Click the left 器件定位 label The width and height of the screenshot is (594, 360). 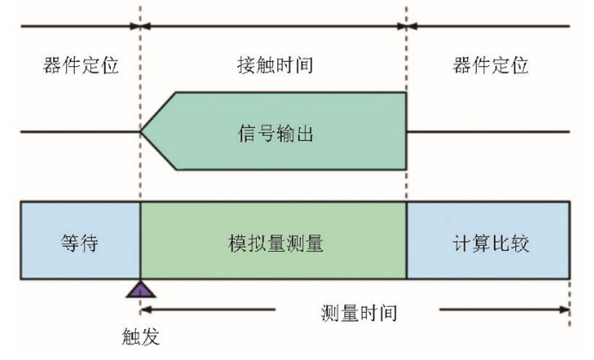(80, 66)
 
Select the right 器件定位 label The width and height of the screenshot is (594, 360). (490, 66)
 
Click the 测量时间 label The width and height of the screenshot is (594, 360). (359, 313)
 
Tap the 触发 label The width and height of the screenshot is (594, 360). (141, 337)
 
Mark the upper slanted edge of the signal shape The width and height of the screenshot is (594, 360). (159, 112)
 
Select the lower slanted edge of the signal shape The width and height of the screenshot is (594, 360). (159, 151)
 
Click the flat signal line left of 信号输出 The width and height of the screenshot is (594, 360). (80, 131)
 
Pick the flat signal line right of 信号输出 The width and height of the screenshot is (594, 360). (489, 131)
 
